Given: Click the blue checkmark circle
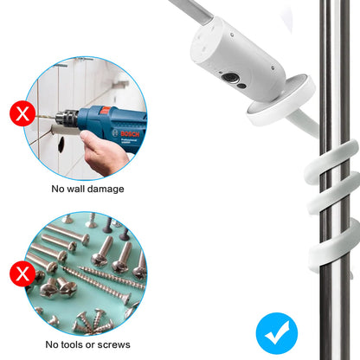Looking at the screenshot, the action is click(x=277, y=333).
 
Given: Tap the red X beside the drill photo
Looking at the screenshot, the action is click(x=22, y=113).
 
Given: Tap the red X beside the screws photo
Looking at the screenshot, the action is click(x=22, y=273).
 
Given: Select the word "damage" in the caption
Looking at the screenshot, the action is click(x=106, y=190).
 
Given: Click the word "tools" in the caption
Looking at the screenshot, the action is click(x=72, y=344).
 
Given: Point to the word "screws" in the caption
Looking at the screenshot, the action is click(x=113, y=344).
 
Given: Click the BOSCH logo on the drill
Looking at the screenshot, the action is click(x=130, y=134).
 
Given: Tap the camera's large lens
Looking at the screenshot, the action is click(x=229, y=78).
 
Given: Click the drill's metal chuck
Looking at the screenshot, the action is click(x=67, y=119).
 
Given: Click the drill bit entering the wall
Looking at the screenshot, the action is click(x=46, y=116).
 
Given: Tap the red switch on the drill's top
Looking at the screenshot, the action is click(x=106, y=110).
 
